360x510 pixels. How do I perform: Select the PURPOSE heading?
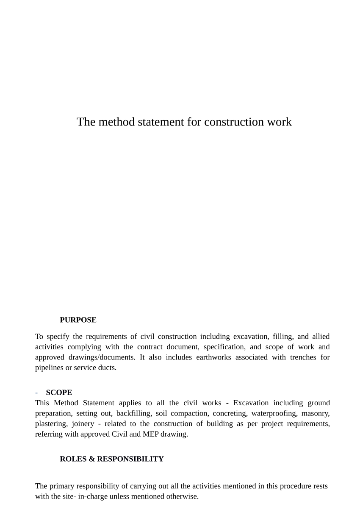coord(78,320)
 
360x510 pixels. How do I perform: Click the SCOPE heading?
coord(59,393)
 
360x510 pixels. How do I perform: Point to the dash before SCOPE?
coord(37,393)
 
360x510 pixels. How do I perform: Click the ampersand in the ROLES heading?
coord(91,459)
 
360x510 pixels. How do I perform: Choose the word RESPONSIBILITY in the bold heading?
coord(130,459)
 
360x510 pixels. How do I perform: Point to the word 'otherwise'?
coord(183,496)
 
